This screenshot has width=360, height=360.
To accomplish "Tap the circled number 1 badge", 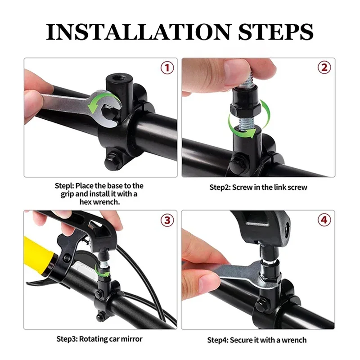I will point(167,68).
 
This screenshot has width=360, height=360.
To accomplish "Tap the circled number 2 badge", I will point(324,68).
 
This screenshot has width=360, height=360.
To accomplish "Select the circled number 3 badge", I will point(167,220).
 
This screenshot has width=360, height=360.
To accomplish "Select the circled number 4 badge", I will point(324,220).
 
